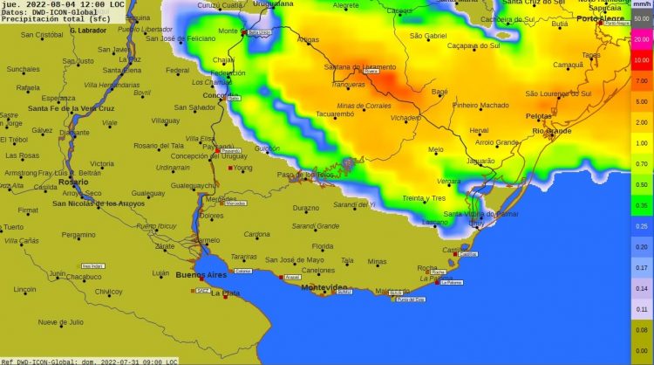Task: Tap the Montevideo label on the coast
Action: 324,287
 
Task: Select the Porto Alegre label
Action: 601,18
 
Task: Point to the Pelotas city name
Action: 538,115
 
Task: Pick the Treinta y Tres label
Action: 424,198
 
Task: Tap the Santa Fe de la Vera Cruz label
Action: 71,108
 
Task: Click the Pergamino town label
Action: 78,234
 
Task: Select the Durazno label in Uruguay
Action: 305,208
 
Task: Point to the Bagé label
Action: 439,91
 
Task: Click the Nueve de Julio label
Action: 60,321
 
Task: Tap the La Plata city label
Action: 226,293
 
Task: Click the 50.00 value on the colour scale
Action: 641,18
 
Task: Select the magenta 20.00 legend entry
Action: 641,39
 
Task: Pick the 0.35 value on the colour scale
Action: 641,205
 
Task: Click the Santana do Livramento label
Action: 357,67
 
